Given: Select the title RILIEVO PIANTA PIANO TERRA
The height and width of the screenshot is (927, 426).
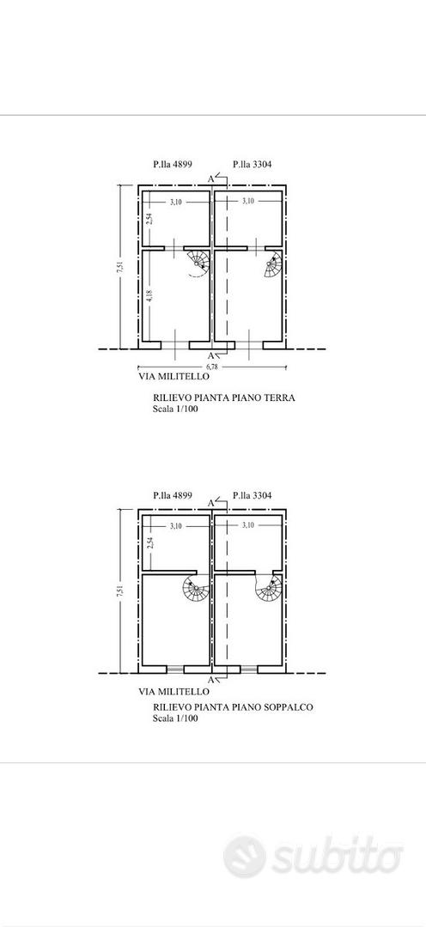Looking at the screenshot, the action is [224, 398].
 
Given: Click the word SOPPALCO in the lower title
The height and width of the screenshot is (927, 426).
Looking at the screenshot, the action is [292, 706].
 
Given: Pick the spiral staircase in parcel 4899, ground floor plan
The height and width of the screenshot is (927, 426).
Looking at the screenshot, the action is [198, 264].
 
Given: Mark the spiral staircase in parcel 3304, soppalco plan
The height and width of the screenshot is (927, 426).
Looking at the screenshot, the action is [269, 586].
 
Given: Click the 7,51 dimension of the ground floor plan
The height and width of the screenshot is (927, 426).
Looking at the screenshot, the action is [120, 267].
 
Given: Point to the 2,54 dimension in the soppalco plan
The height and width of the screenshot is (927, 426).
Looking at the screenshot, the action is [150, 542].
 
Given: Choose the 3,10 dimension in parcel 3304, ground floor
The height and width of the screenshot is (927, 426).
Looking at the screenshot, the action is [248, 202].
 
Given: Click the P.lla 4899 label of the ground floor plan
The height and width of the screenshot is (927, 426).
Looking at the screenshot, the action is [172, 165].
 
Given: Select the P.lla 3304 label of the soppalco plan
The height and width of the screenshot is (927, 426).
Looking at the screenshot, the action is [253, 495].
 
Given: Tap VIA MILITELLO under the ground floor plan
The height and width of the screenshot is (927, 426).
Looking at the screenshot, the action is [173, 376].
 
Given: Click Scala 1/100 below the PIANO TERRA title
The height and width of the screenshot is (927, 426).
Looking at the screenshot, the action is [175, 409].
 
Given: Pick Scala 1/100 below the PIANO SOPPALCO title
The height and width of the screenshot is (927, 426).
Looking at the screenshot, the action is [175, 719].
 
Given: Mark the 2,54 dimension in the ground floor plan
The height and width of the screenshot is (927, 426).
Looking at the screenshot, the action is [150, 218].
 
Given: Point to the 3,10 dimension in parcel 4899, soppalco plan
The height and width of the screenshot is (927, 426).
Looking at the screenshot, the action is [176, 525].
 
